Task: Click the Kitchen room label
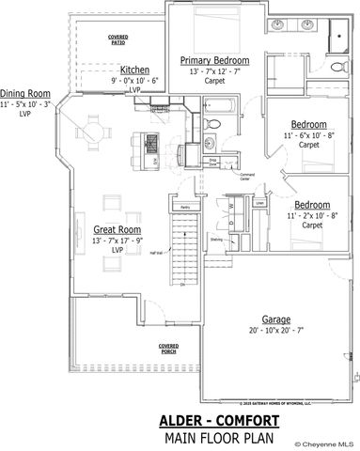[134, 70]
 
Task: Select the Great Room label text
[117, 229]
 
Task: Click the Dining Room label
[25, 93]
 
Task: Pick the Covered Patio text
[117, 40]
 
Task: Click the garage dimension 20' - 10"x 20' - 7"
[276, 331]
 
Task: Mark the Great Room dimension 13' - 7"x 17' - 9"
[117, 241]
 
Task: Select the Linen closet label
[258, 201]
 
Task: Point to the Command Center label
[247, 177]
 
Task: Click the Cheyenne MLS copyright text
[325, 443]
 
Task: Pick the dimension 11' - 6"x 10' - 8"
[308, 135]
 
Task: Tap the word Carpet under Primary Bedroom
[214, 82]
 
